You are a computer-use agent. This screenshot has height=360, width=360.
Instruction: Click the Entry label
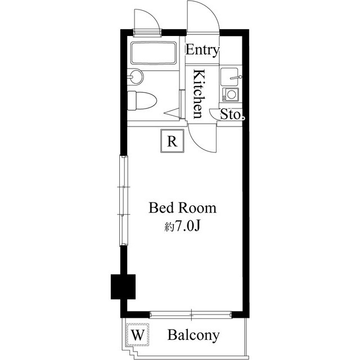tap(202, 49)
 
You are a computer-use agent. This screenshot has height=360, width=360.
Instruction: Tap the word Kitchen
tap(199, 93)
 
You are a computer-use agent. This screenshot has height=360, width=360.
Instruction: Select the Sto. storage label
tap(231, 115)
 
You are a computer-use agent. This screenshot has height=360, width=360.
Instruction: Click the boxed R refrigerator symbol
tap(173, 141)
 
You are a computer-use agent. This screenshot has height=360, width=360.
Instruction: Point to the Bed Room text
tap(182, 208)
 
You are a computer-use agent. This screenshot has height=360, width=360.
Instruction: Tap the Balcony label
tap(193, 336)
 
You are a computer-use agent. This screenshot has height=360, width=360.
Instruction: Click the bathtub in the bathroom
tap(154, 54)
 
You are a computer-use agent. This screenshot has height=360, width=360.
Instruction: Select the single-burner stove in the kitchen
tap(230, 94)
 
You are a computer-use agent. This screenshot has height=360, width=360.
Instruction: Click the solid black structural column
tap(123, 286)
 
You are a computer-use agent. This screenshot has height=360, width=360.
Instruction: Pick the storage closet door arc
tap(216, 114)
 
